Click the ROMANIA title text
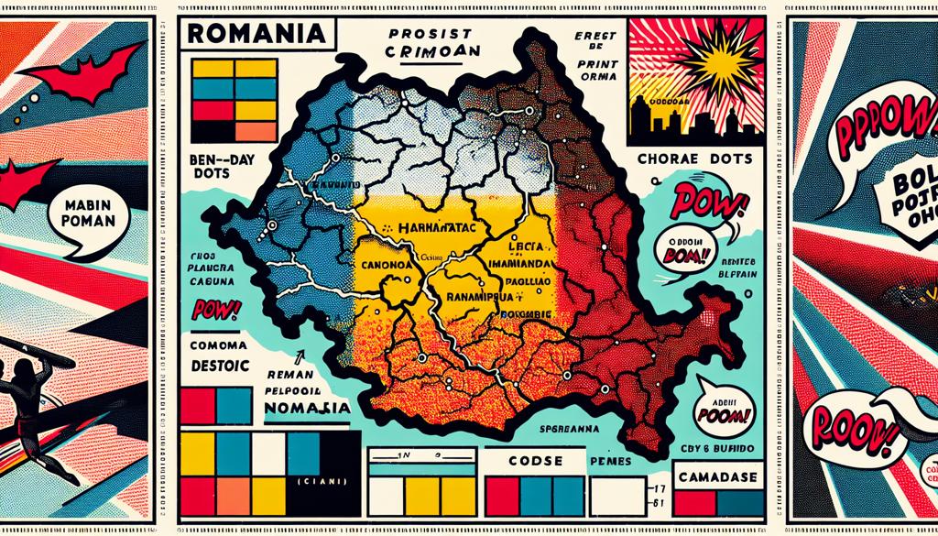255,35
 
